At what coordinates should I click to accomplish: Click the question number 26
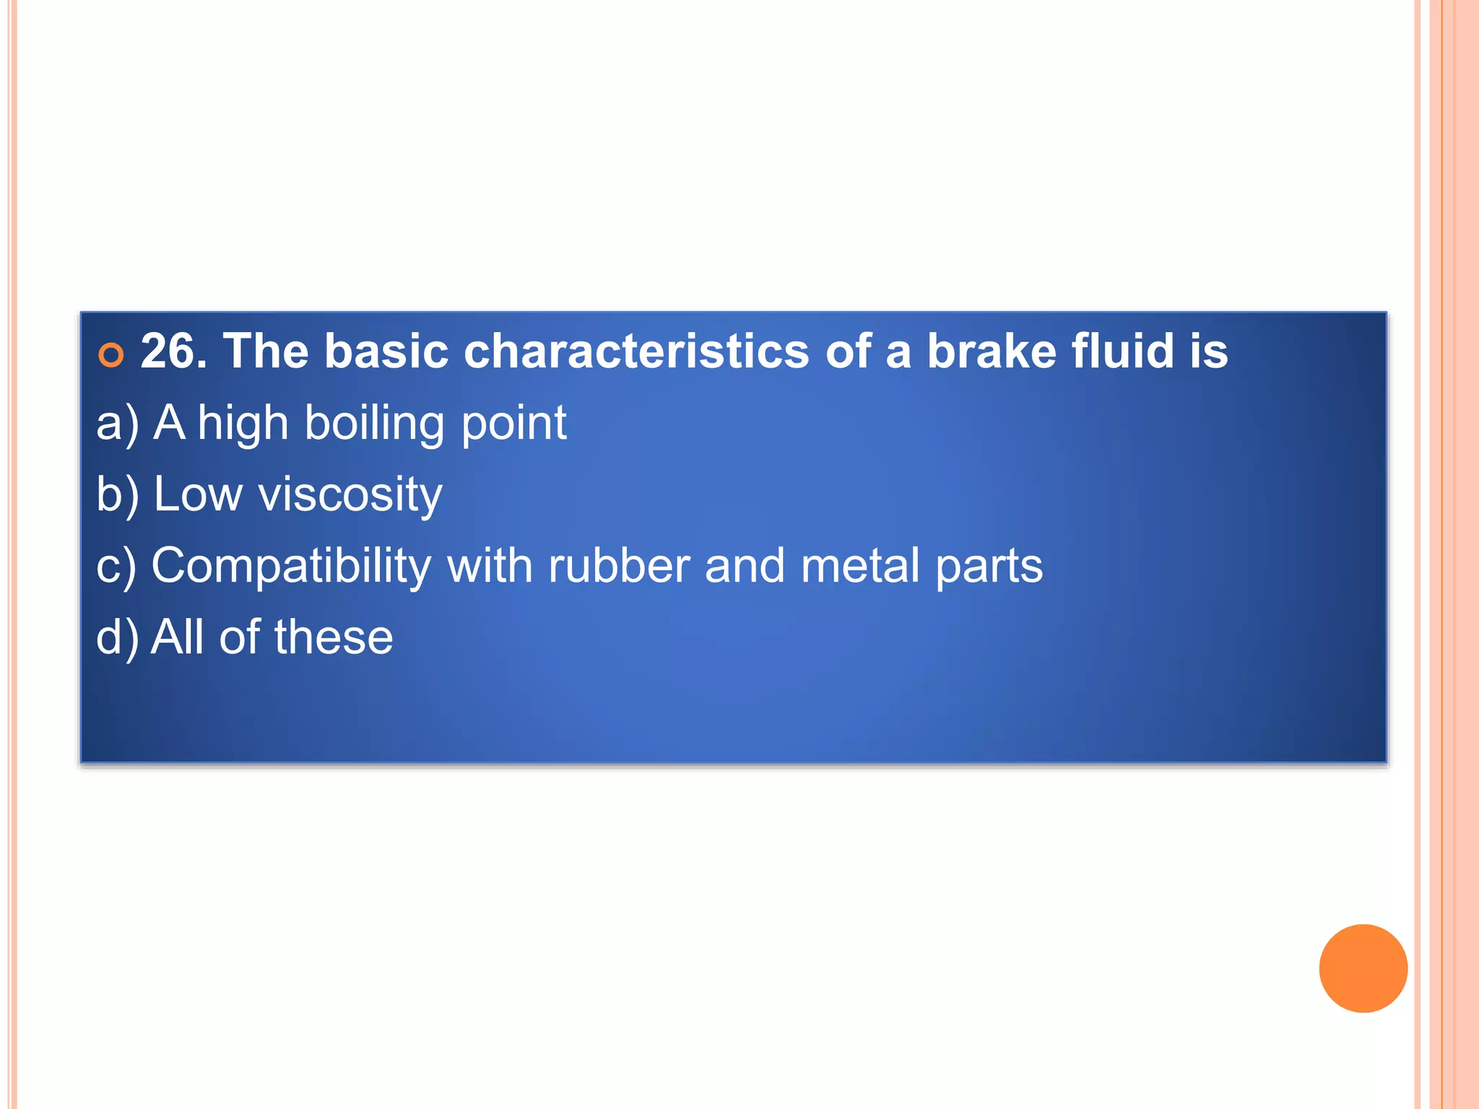coord(173,352)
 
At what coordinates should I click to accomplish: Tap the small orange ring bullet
coord(111,355)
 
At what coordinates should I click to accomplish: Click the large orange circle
coord(1363,968)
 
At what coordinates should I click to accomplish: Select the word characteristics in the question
coord(636,352)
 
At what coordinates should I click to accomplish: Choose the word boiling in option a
coord(374,424)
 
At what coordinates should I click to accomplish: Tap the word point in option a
coord(513,424)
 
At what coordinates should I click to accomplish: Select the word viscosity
coord(350,495)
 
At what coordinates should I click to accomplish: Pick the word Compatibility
coord(291,566)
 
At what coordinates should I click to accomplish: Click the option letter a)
coord(118,424)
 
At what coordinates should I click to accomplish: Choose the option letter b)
coord(118,495)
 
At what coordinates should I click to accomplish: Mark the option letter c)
coord(116,567)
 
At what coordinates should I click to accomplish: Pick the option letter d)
coord(118,638)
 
